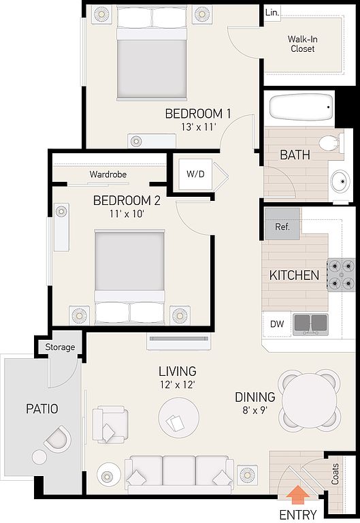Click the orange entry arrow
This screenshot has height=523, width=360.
pyautogui.click(x=297, y=495)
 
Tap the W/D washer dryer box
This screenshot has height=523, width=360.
pyautogui.click(x=196, y=174)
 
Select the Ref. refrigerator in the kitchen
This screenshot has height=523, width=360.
pyautogui.click(x=282, y=224)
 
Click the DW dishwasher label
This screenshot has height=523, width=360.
pyautogui.click(x=277, y=323)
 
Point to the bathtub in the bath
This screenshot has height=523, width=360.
pyautogui.click(x=301, y=108)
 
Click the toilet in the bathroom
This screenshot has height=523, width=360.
pyautogui.click(x=331, y=144)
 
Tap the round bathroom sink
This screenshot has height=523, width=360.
pyautogui.click(x=340, y=181)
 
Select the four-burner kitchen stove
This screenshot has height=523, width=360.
pyautogui.click(x=341, y=275)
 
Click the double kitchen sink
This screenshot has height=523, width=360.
pyautogui.click(x=311, y=324)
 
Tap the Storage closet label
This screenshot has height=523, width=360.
pyautogui.click(x=60, y=347)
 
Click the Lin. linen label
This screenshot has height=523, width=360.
pyautogui.click(x=272, y=13)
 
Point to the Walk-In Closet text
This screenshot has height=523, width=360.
pyautogui.click(x=303, y=44)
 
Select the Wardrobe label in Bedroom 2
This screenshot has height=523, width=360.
pyautogui.click(x=108, y=174)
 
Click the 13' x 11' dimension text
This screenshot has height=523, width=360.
pyautogui.click(x=199, y=127)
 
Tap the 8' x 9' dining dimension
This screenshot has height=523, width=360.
pyautogui.click(x=255, y=410)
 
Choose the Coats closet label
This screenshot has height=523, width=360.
pyautogui.click(x=335, y=474)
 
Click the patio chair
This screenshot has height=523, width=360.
pyautogui.click(x=58, y=439)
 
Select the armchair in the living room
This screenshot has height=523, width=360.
pyautogui.click(x=110, y=424)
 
